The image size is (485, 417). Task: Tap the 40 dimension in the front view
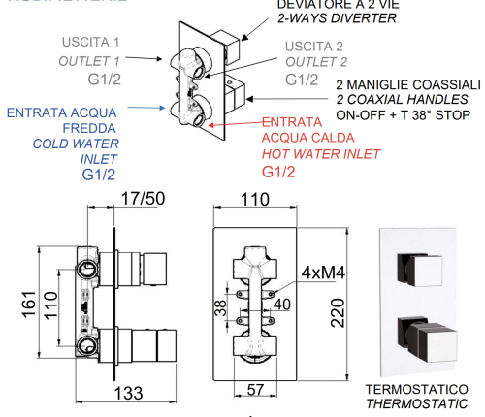282,305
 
